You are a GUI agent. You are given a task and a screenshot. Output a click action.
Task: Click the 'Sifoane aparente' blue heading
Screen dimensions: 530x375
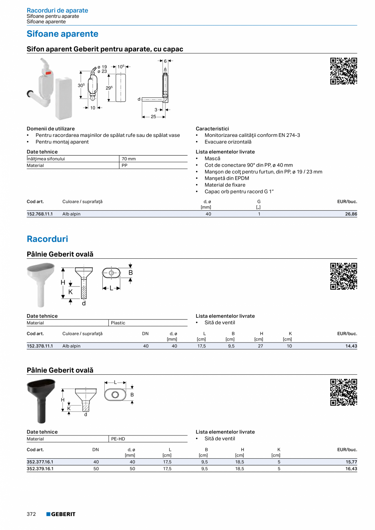coord(62,34)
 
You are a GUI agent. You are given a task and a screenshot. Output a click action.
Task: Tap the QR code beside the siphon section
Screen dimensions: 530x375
coord(343,71)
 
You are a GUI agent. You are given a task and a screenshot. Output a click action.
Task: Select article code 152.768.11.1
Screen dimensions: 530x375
coord(40,214)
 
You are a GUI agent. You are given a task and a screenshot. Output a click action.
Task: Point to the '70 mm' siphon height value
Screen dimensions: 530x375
coord(129,159)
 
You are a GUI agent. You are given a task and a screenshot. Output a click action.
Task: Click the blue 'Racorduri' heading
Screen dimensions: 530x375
coord(47,239)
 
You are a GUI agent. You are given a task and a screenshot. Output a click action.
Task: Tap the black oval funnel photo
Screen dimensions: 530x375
coord(41,399)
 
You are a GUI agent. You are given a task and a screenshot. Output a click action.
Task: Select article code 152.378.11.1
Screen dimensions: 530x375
coord(40,346)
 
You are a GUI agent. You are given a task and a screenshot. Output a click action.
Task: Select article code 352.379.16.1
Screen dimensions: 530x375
coord(40,468)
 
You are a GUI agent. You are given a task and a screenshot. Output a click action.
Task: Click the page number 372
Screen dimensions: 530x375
coord(31,514)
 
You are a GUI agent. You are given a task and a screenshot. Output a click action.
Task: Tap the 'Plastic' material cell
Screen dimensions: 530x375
coord(118,323)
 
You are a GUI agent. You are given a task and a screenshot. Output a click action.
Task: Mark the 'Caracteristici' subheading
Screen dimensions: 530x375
coord(212,128)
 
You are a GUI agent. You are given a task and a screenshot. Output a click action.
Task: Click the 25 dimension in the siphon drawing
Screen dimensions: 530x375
coord(153,117)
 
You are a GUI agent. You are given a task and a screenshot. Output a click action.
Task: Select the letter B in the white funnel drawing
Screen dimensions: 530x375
coord(130,273)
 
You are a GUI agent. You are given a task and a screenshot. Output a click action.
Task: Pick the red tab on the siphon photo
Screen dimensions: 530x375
coord(48,74)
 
